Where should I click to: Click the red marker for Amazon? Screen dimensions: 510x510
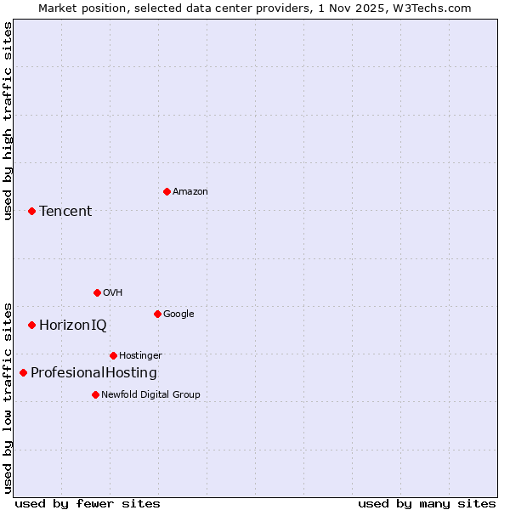167,191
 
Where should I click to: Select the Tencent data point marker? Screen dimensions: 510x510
31,211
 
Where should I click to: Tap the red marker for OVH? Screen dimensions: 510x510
97,292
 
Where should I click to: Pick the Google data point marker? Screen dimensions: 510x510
157,314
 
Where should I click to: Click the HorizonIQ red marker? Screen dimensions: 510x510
31,325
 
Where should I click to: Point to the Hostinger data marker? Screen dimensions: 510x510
113,355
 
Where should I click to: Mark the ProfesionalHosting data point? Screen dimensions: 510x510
23,372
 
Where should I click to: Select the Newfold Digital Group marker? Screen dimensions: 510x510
95,394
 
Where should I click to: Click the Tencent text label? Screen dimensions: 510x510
65,211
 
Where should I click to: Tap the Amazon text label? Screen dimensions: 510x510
190,191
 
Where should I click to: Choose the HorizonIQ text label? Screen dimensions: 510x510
73,325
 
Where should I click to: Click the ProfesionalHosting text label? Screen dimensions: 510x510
93,372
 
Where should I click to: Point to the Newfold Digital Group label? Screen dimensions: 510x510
150,394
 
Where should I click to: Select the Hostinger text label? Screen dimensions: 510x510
140,355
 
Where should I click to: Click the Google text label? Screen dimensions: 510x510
178,314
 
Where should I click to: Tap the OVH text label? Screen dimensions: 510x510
113,292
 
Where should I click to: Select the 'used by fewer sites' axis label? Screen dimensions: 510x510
88,503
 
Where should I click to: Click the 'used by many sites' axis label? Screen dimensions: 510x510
427,503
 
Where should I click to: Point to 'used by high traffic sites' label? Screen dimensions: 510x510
8,121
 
